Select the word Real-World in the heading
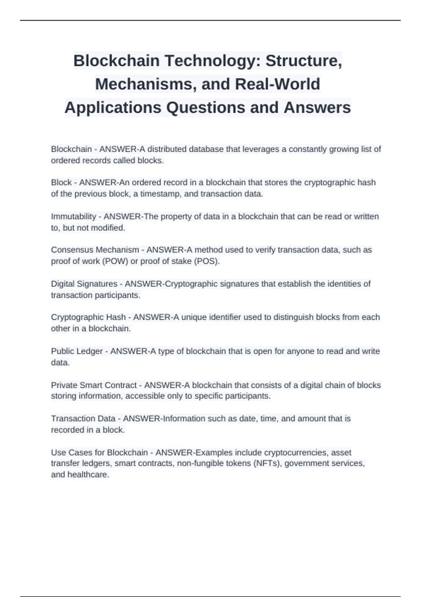[x=278, y=84]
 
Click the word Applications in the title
[x=113, y=107]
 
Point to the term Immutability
[x=73, y=216]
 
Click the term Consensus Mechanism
[x=95, y=250]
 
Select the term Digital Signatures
[x=84, y=284]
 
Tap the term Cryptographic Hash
[x=88, y=317]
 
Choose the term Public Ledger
[x=77, y=351]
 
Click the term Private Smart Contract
[x=94, y=385]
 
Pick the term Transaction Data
[x=83, y=419]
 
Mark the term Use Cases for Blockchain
[x=99, y=452]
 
